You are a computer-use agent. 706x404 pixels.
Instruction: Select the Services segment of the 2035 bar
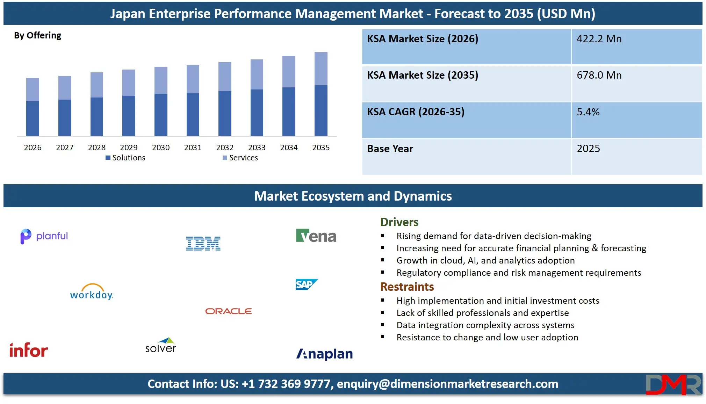321,68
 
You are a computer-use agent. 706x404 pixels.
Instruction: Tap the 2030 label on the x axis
161,147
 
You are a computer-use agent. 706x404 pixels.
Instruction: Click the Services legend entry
240,158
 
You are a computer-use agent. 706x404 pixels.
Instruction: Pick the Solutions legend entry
125,158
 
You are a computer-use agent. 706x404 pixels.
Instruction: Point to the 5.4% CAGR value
588,112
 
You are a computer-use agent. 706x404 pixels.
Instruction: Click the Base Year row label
390,149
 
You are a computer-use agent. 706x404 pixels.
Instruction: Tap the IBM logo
203,244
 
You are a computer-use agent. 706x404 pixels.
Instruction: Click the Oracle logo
228,311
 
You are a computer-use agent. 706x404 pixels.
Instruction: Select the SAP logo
307,284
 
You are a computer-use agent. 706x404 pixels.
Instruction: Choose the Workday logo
92,292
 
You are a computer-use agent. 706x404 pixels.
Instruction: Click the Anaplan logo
324,354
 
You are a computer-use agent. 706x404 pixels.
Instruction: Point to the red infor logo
29,350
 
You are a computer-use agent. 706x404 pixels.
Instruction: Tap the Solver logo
161,346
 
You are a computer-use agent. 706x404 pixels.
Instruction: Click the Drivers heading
399,222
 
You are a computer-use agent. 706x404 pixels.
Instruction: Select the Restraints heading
407,287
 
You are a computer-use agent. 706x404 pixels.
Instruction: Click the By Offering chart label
37,35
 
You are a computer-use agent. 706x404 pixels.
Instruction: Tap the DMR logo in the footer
673,384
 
